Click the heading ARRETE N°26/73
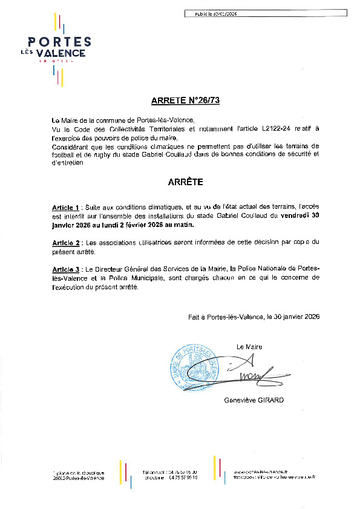(x=185, y=102)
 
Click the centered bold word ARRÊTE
(x=185, y=182)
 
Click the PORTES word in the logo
(x=59, y=42)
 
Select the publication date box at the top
(x=266, y=13)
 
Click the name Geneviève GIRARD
(x=254, y=400)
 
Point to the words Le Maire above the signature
(x=249, y=346)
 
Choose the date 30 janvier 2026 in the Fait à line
(x=296, y=317)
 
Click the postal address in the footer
(x=78, y=475)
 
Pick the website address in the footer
(x=260, y=471)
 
